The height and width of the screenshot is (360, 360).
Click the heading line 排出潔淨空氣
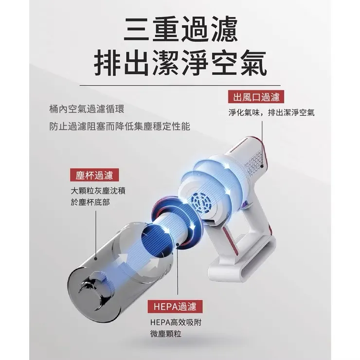pos(180,63)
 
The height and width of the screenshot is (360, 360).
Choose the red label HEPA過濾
pos(174,306)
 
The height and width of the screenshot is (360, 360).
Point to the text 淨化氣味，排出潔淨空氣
pos(271,113)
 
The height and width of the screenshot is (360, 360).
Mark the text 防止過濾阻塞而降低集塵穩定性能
pos(120,126)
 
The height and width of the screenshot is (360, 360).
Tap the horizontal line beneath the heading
pos(180,86)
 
